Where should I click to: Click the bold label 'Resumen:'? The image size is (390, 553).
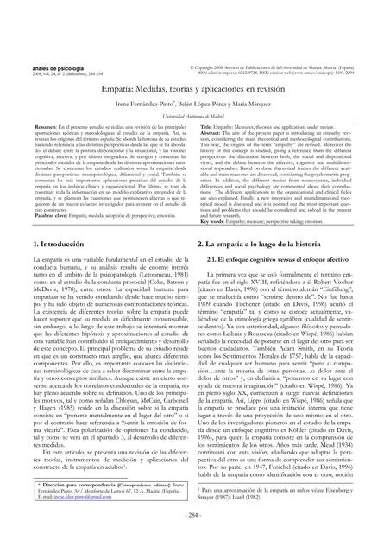[31, 126]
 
